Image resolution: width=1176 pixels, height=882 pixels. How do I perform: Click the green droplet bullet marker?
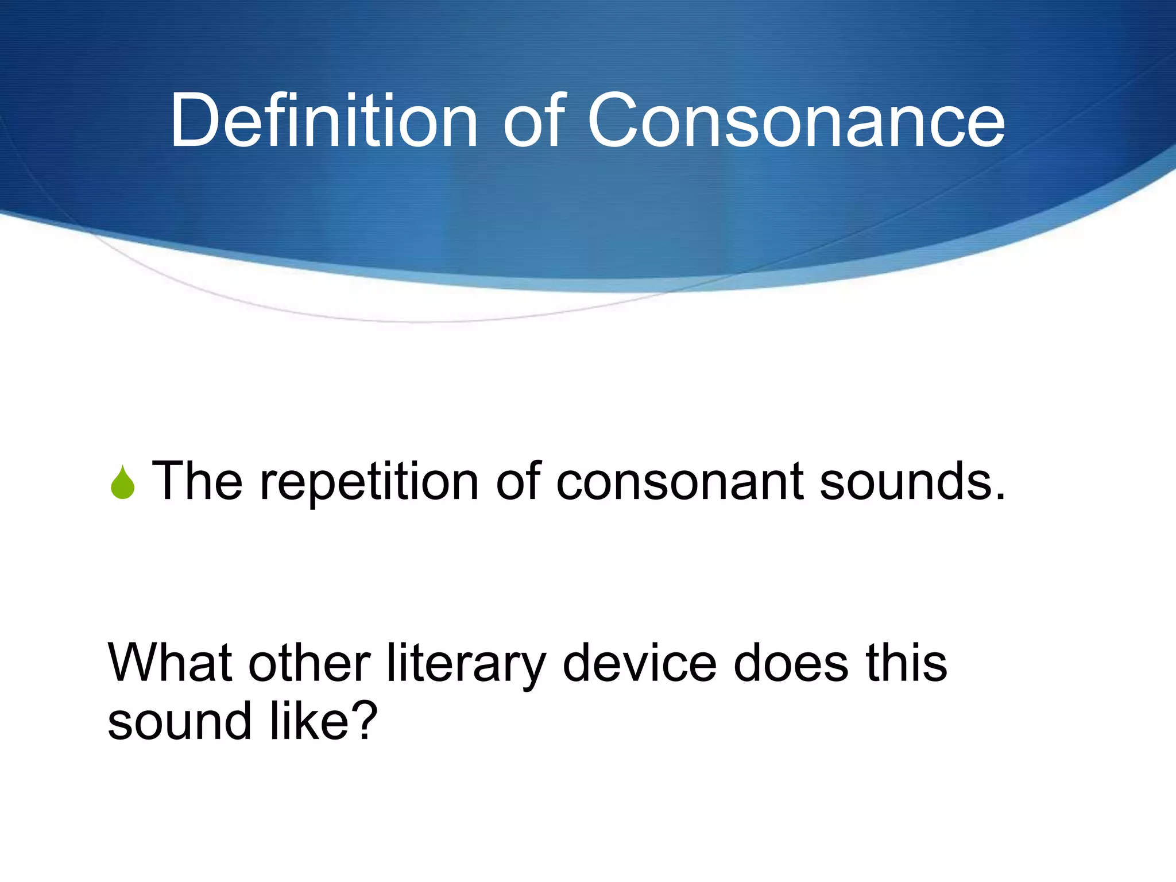[x=122, y=483]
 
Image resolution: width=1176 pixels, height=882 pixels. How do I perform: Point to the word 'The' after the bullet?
[x=197, y=481]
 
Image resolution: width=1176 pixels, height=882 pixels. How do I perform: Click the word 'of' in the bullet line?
[x=518, y=481]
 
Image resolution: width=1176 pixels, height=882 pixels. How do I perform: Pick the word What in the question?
[x=170, y=663]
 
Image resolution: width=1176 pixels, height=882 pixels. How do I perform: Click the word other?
[x=309, y=663]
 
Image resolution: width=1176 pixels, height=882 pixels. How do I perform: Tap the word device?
[x=640, y=663]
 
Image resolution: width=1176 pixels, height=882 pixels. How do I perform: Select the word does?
[x=791, y=663]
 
